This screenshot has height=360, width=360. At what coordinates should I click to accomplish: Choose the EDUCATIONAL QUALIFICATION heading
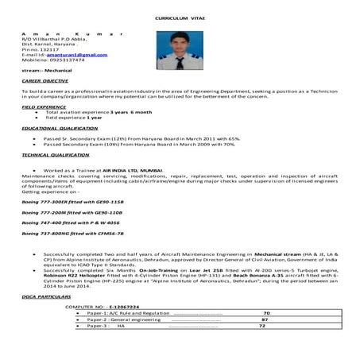click(x=54, y=128)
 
